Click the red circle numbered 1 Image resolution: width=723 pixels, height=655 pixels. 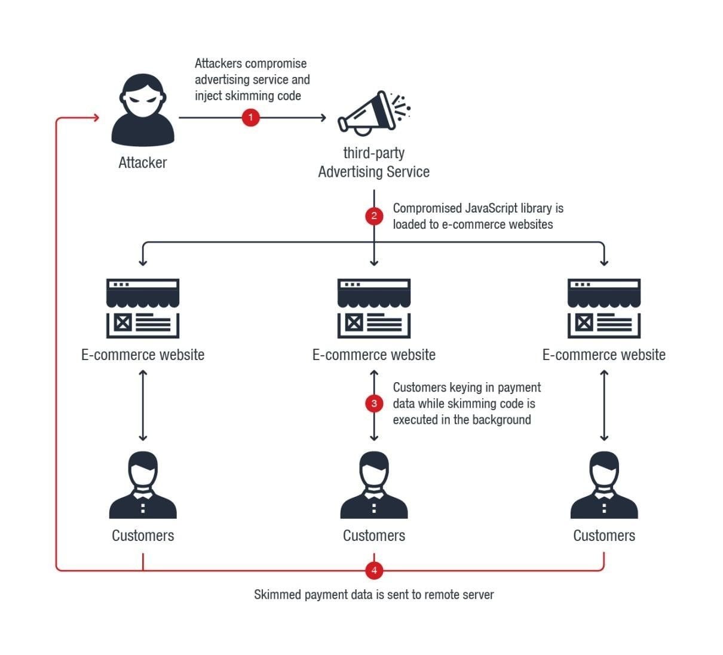click(x=250, y=118)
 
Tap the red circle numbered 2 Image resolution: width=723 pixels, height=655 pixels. click(x=374, y=216)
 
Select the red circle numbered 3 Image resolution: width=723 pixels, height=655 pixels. click(x=374, y=404)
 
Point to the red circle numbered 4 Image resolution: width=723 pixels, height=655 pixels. click(x=374, y=570)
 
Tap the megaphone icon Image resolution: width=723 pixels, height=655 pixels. click(x=372, y=113)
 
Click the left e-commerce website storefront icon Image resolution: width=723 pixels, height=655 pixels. click(x=143, y=308)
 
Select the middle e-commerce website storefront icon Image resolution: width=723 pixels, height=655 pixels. click(x=374, y=308)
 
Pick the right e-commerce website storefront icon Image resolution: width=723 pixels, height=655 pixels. click(x=603, y=308)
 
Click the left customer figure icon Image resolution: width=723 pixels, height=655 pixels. click(x=143, y=485)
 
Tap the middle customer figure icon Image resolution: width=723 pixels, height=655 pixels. click(x=374, y=485)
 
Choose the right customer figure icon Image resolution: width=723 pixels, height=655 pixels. click(x=603, y=485)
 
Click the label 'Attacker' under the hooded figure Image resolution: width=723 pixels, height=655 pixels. click(x=143, y=162)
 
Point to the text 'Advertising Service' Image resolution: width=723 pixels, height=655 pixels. click(x=374, y=172)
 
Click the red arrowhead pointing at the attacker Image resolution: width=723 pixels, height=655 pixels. click(x=95, y=118)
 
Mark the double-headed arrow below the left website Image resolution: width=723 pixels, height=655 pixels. click(x=143, y=405)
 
